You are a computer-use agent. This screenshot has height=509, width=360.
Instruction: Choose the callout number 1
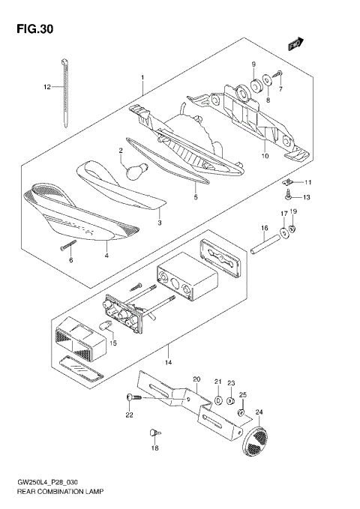tap(140, 77)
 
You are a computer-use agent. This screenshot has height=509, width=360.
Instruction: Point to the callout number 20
tap(196, 379)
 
